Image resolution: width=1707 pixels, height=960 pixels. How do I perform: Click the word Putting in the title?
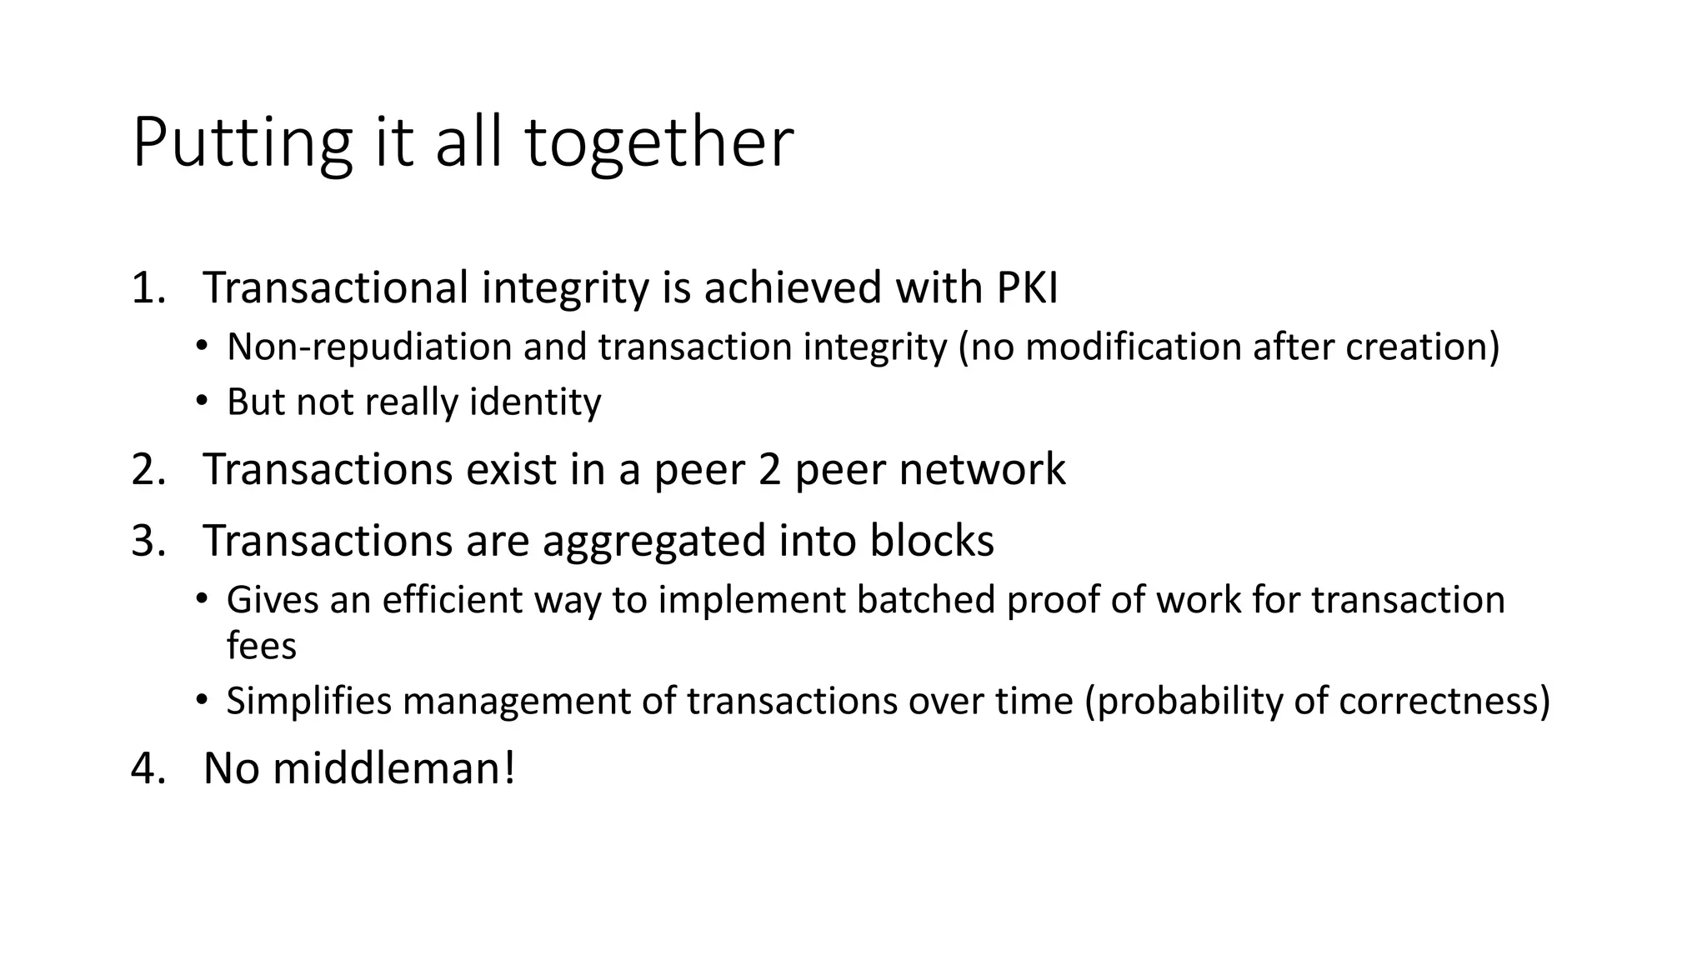[242, 143]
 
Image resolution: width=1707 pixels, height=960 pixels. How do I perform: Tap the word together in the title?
[658, 143]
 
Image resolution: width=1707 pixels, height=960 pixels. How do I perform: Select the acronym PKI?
[1027, 287]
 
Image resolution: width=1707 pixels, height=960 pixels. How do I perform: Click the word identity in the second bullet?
[535, 402]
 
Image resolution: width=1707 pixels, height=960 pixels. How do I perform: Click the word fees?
[261, 646]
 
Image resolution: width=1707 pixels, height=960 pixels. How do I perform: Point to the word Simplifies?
[308, 700]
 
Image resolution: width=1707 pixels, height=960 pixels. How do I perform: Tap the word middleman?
[393, 767]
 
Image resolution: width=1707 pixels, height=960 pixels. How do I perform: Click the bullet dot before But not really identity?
[201, 402]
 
